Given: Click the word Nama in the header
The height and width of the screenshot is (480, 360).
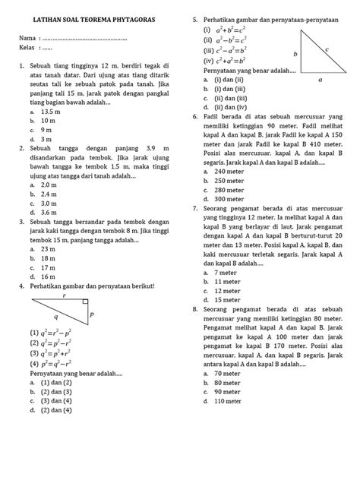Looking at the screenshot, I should point(27,38).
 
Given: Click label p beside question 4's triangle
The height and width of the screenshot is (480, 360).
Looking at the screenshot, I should point(91,313).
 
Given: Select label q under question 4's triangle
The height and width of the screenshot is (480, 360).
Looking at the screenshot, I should point(55,318).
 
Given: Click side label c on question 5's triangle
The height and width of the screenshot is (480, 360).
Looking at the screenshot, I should point(327,48).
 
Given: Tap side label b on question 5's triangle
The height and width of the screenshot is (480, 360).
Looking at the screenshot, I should point(295,54).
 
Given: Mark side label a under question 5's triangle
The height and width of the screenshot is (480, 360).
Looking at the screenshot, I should point(321,78).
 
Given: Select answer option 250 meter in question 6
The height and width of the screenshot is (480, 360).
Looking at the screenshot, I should point(227,181).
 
